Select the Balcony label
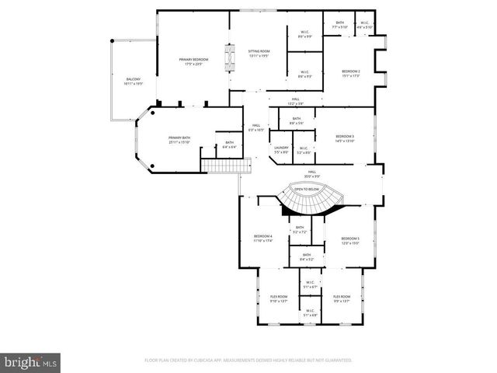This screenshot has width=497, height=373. click(x=133, y=82)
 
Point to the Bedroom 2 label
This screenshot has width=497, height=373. click(x=351, y=74)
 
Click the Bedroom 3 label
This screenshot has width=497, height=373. click(x=344, y=138)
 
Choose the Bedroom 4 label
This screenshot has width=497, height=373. click(x=262, y=239)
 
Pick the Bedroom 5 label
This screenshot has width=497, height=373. click(x=349, y=241)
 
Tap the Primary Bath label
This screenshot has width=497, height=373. click(x=179, y=140)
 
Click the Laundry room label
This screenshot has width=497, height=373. click(x=280, y=150)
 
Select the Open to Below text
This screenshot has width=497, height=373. click(x=307, y=189)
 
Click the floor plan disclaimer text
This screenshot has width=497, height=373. click(x=248, y=361)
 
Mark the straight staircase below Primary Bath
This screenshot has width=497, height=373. click(x=224, y=166)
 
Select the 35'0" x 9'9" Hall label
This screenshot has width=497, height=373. click(x=311, y=174)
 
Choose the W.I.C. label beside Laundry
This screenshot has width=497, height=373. click(x=304, y=150)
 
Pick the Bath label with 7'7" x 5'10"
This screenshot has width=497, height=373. click(x=339, y=25)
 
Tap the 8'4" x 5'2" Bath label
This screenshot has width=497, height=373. click(x=307, y=257)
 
